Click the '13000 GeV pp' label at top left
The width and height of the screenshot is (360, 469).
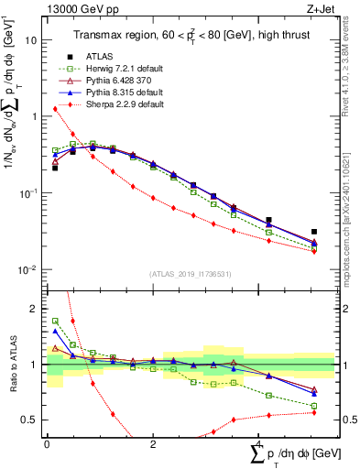click(x=78, y=8)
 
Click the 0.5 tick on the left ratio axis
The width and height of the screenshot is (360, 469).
click(x=35, y=420)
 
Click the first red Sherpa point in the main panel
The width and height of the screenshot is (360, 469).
click(x=56, y=109)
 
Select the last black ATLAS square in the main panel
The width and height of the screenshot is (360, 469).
click(x=314, y=233)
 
